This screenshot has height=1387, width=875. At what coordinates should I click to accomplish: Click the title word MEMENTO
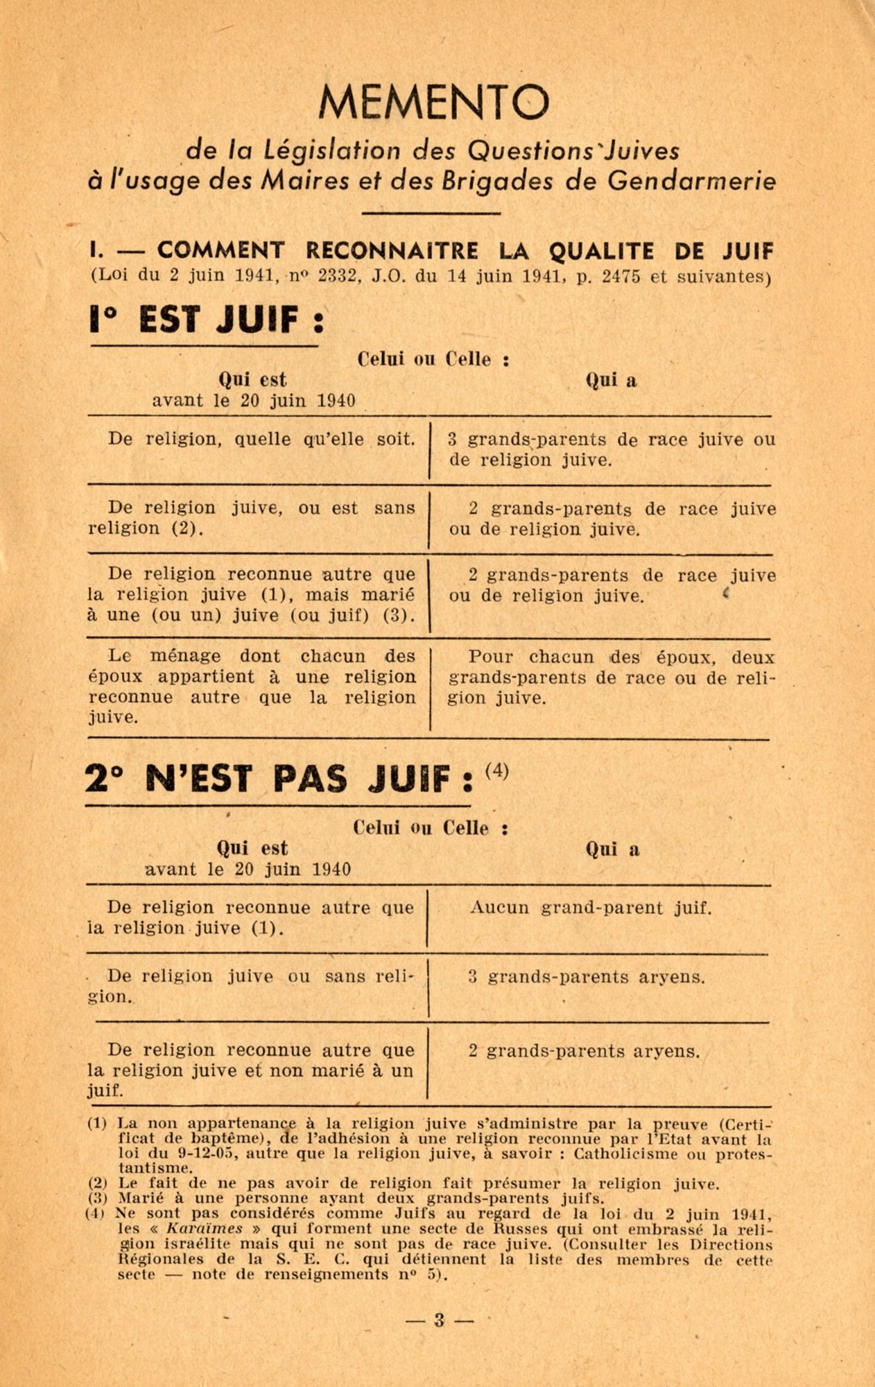(434, 101)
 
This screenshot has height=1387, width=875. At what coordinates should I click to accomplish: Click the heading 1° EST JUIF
(206, 320)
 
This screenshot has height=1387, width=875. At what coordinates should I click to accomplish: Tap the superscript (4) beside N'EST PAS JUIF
(497, 771)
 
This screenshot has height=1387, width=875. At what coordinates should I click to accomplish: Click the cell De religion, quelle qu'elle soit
(261, 438)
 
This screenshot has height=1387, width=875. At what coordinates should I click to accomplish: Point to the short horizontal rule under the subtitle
(431, 213)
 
